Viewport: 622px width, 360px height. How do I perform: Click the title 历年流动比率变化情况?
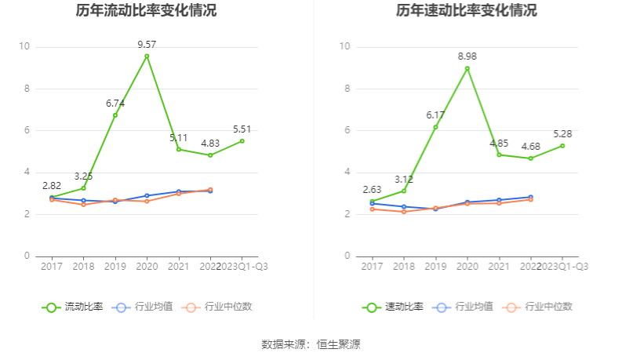[147, 11]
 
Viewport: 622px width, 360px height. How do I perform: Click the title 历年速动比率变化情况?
[467, 11]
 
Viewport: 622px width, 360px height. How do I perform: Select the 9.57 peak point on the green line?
[147, 56]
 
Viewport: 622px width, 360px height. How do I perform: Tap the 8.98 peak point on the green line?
[467, 68]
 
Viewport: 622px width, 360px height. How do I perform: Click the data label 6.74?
[115, 104]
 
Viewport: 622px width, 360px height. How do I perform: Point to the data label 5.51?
[242, 129]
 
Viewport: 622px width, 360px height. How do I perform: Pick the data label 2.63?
[373, 190]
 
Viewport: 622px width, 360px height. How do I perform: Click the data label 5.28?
[562, 133]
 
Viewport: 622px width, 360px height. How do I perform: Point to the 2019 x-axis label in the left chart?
[115, 267]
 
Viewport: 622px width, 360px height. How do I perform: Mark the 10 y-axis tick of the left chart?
[24, 47]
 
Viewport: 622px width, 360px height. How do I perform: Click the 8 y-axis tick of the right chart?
[345, 89]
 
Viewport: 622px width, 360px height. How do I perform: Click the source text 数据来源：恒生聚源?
[311, 344]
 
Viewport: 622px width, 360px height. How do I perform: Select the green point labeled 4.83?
[210, 155]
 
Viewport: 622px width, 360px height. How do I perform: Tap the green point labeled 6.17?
[436, 127]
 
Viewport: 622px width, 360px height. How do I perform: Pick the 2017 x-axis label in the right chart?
[373, 267]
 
